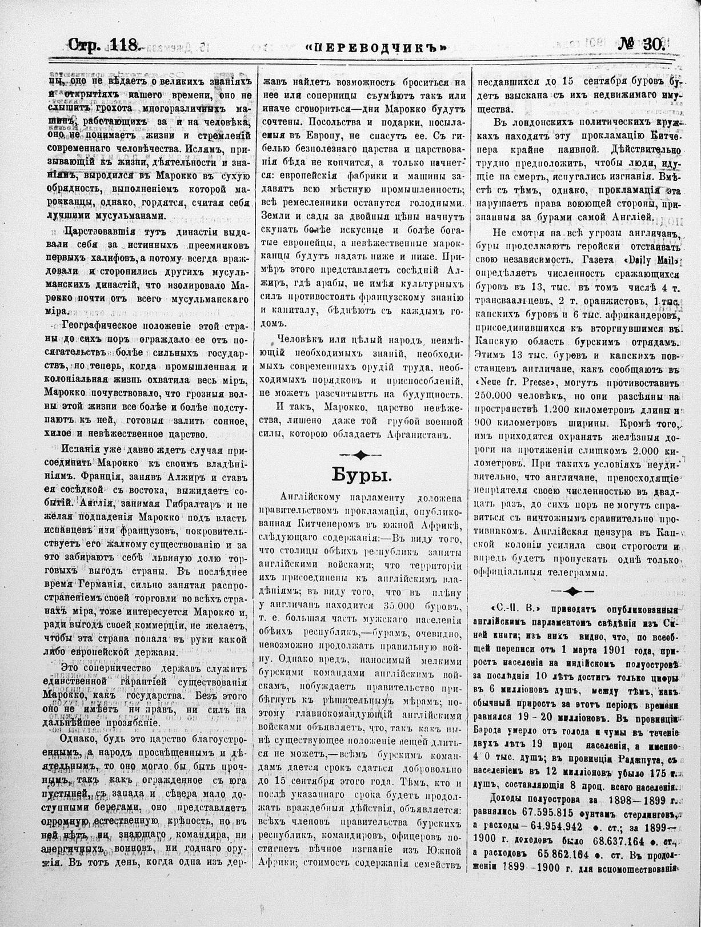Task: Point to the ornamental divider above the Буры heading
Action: [360, 454]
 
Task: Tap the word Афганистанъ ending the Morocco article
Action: [419, 434]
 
